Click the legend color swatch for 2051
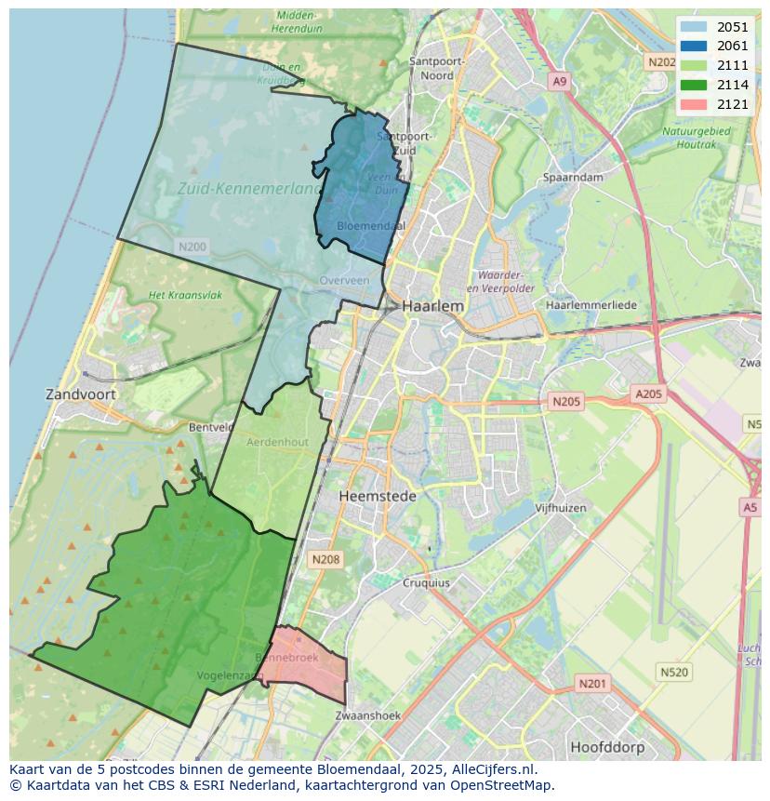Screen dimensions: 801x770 coord(693,27)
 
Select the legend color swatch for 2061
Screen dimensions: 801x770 coord(693,47)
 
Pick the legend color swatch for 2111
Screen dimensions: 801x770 coord(693,65)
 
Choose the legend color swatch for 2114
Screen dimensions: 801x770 coord(693,85)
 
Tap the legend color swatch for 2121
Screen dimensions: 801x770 coord(693,103)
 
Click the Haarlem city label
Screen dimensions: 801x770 coord(432,305)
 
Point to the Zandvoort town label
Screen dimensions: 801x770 coord(81,394)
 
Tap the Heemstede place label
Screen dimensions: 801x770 coord(378,496)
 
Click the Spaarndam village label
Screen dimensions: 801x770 coord(574,177)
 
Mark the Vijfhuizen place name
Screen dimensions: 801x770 coord(561,508)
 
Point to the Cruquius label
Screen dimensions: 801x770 coord(426,583)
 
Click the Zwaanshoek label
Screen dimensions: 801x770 coord(367,715)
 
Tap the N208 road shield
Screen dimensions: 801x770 coord(325,559)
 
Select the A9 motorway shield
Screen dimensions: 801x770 coord(559,82)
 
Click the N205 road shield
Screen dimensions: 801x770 coord(565,402)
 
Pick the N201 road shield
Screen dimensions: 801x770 coord(592,684)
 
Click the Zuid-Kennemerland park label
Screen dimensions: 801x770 coord(248,188)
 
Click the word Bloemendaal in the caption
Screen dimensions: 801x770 coord(360,769)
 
